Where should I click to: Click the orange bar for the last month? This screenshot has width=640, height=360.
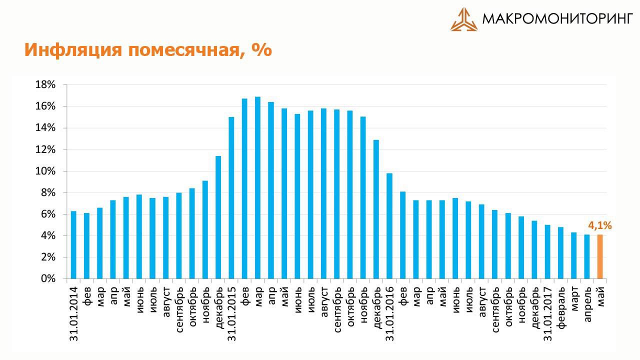coord(600,256)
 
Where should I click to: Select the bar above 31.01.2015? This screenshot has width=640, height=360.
coord(231,197)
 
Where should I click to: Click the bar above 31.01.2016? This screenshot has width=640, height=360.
coord(389,226)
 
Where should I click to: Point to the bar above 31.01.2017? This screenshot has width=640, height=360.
coord(547,251)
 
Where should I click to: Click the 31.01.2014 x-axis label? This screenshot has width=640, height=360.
coord(74,314)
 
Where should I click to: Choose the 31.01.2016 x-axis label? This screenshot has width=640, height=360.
coord(390,314)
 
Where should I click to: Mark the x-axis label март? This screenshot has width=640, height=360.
coord(574,298)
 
